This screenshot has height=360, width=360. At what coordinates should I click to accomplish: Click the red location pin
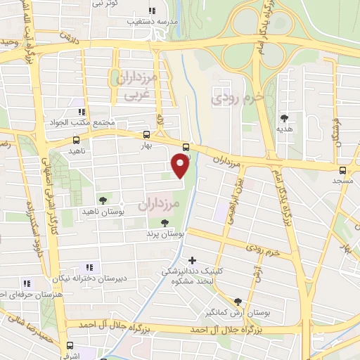click(x=181, y=165)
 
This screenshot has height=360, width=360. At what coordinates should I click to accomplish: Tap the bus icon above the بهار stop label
click(x=146, y=134)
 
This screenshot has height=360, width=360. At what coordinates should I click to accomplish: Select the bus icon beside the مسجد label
click(x=342, y=169)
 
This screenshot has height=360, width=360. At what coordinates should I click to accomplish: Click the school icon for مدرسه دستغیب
click(x=151, y=10)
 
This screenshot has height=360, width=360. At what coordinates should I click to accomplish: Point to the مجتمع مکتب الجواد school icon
click(x=82, y=112)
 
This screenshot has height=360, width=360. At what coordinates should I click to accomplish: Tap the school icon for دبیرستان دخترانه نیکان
click(x=89, y=267)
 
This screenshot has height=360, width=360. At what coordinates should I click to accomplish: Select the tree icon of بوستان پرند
click(x=165, y=222)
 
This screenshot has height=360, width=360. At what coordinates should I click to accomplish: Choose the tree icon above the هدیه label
click(x=284, y=118)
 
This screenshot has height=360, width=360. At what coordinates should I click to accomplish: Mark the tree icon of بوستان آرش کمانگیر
click(x=247, y=300)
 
